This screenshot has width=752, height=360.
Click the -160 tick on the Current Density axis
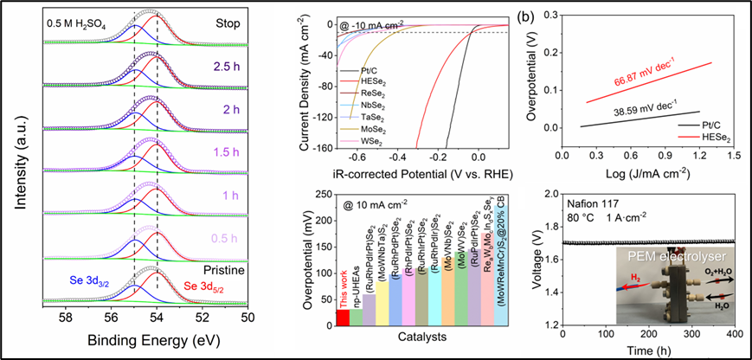[321, 148]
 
